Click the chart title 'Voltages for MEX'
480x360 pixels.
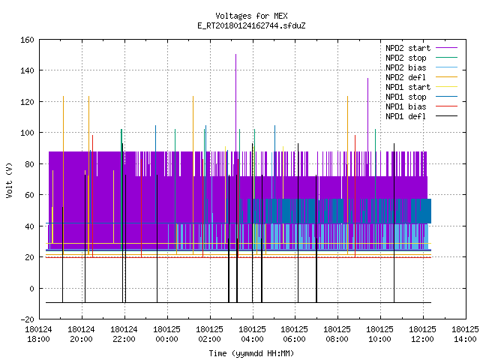pos(251,16)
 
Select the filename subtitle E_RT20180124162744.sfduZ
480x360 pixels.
pos(251,25)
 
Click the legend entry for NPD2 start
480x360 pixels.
pos(408,48)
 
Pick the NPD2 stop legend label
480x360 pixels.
pos(406,58)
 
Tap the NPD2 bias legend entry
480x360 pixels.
pos(406,67)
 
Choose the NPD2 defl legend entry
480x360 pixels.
pos(406,77)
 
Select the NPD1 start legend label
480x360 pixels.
pos(408,87)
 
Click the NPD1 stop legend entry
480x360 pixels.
pos(406,97)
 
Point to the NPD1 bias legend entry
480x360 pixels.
pos(406,106)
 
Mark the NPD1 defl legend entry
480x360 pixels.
pos(406,117)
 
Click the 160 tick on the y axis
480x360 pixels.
pos(27,40)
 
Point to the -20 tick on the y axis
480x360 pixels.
pos(27,319)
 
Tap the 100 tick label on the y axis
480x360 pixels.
pos(27,133)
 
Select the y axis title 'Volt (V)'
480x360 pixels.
pos(9,180)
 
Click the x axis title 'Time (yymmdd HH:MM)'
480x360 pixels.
pos(251,353)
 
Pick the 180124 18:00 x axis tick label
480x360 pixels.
pos(38,334)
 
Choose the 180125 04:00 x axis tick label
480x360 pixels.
pos(252,334)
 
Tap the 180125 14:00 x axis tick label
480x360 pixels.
pos(465,334)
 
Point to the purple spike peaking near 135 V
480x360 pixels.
pos(368,115)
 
